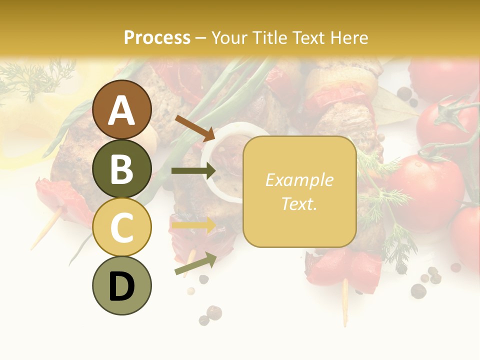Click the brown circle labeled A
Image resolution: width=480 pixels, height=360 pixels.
point(122,110)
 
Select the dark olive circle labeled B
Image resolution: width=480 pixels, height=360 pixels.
point(122,169)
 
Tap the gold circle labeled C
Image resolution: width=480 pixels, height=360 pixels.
point(122,227)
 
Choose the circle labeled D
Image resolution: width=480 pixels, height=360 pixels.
point(122,286)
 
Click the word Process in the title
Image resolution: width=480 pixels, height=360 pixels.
point(157,37)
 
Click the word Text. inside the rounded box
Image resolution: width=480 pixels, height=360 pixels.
point(299,204)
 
